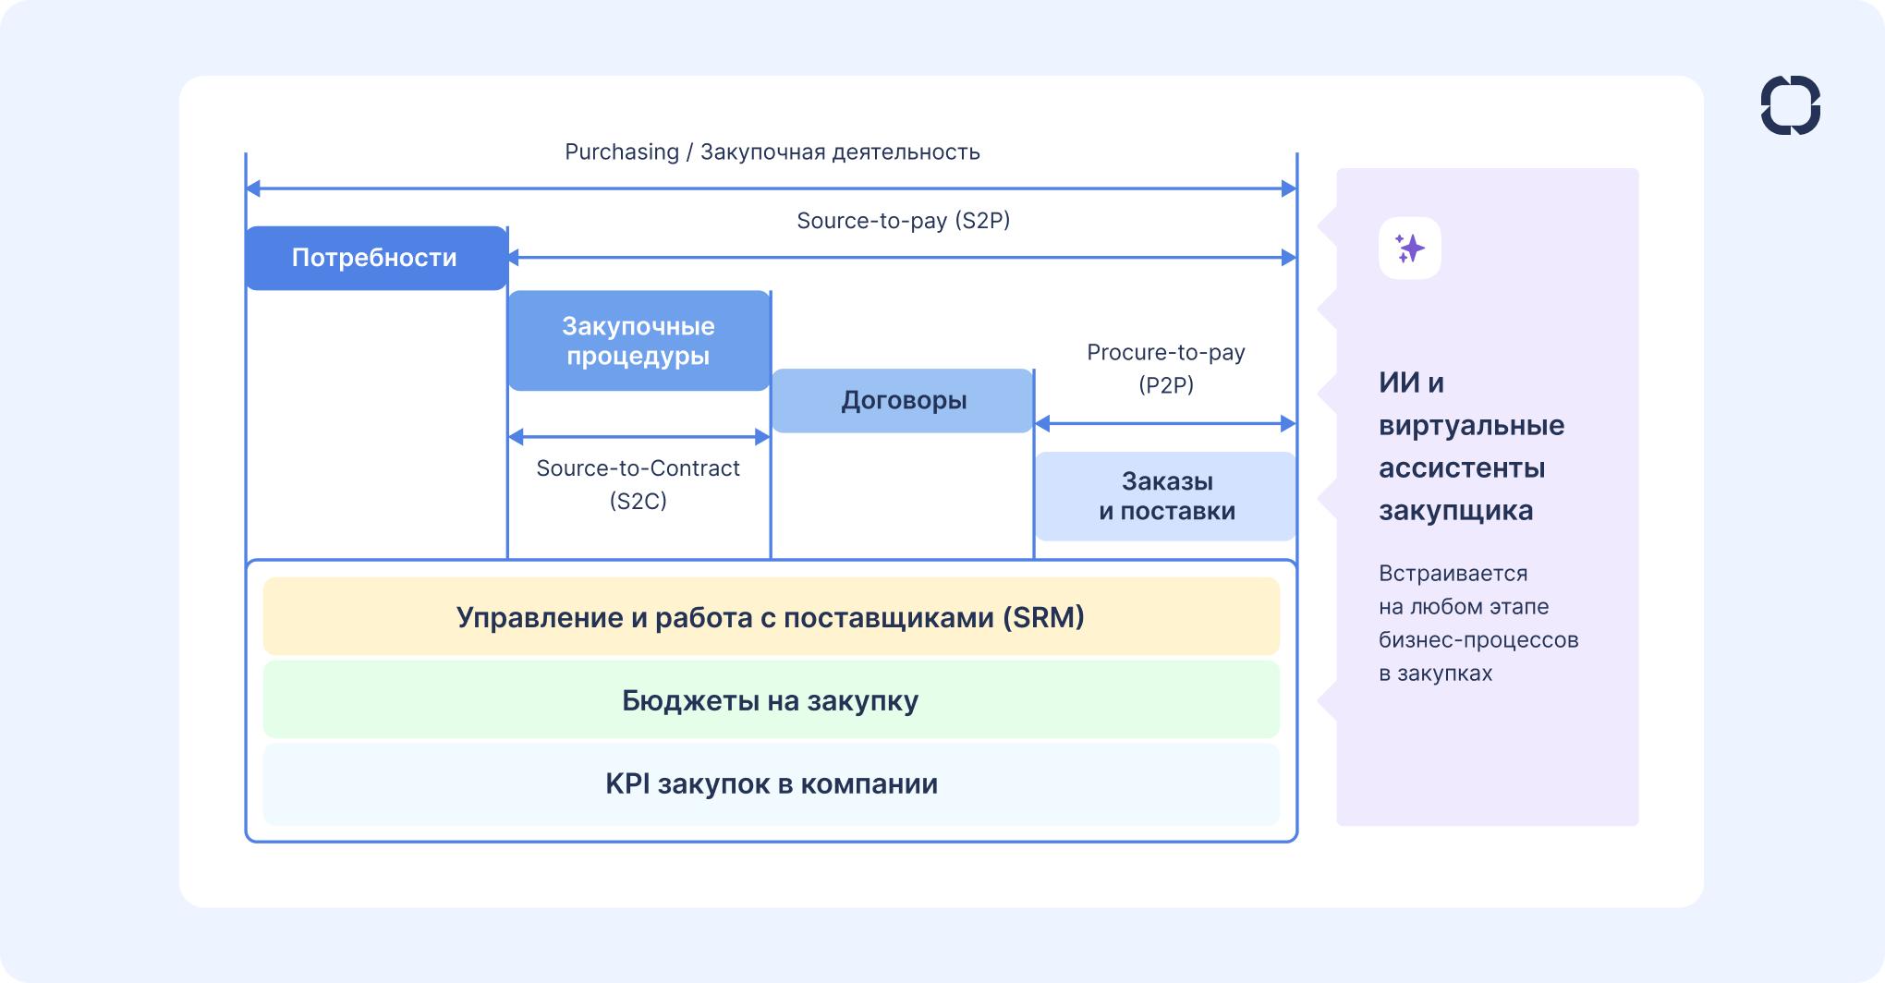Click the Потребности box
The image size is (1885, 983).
pos(375,258)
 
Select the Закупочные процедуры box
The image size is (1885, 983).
pos(638,341)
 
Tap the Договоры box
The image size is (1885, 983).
pos(903,401)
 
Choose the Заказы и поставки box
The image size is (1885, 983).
pos(1166,496)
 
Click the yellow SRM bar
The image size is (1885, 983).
pos(771,617)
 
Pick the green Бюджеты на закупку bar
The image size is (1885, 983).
pos(771,700)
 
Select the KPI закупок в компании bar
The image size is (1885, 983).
pos(771,784)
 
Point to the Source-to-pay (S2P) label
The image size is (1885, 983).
pos(903,221)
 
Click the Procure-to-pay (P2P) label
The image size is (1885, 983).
pos(1166,368)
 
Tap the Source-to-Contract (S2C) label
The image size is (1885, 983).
pos(638,484)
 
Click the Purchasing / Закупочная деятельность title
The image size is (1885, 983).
pos(772,152)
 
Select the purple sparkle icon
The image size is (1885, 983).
pos(1409,249)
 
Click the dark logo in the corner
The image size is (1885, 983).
pos(1790,105)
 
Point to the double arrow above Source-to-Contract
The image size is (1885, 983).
pos(638,437)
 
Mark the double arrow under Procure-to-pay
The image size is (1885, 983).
pos(1165,424)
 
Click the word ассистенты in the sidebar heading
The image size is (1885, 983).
pos(1462,468)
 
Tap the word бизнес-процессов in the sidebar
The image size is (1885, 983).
pos(1478,640)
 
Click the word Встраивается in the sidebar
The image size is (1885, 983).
pos(1453,574)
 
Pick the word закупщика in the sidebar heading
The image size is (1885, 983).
pos(1455,511)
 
